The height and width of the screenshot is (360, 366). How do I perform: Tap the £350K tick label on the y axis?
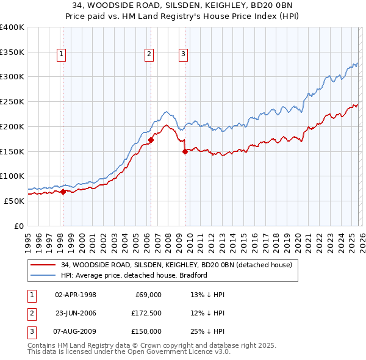pos(12,52)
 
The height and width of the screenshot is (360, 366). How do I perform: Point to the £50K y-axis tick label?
pos(14,201)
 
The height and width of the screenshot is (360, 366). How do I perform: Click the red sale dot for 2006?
pos(151,140)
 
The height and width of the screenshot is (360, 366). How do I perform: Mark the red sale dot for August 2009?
pos(185,151)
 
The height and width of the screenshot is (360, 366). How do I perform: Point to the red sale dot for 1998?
pos(63,192)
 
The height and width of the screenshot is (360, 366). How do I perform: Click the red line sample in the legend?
pos(44,265)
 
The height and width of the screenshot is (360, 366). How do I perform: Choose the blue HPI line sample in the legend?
pos(44,275)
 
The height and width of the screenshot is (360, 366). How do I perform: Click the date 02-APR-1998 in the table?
pos(76,295)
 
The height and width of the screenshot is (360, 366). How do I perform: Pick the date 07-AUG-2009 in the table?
pos(76,331)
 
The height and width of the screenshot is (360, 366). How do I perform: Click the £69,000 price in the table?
pos(146,295)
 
